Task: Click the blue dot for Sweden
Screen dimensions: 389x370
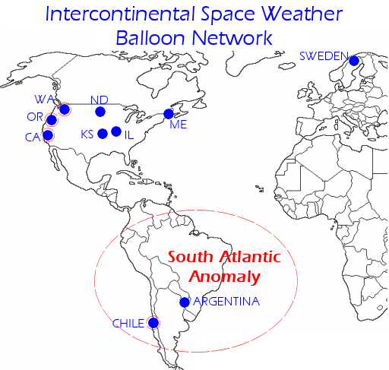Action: (353, 60)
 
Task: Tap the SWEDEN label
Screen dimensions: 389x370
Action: (324, 55)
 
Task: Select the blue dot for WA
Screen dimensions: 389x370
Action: (64, 109)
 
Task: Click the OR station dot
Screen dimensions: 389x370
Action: (52, 120)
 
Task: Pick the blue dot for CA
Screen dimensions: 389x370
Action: (48, 135)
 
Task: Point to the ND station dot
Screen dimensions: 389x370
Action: (100, 112)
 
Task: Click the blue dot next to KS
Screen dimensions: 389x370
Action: (103, 134)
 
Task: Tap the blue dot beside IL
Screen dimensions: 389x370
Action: (116, 131)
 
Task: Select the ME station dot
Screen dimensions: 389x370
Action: (169, 114)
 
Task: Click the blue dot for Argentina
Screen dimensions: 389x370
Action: (184, 302)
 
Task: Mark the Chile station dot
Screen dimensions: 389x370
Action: (153, 322)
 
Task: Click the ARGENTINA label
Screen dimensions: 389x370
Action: (226, 302)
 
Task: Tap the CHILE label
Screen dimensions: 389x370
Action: (128, 324)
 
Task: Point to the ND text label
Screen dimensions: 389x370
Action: (99, 100)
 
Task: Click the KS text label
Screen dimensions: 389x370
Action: (87, 135)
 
